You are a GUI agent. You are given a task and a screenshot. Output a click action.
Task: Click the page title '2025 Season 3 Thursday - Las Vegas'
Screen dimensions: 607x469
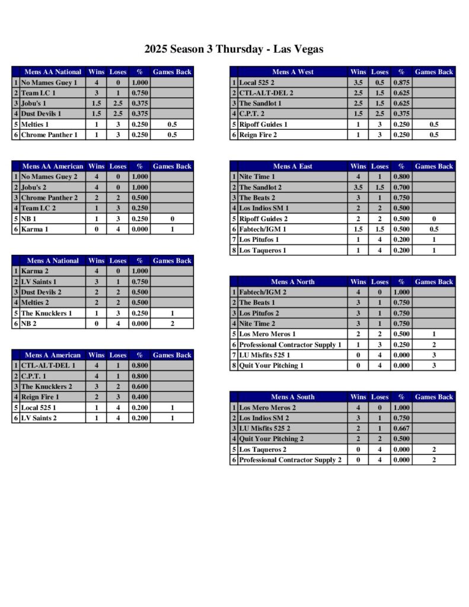(x=234, y=49)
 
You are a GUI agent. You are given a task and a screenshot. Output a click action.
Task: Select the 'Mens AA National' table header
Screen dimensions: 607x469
(x=53, y=72)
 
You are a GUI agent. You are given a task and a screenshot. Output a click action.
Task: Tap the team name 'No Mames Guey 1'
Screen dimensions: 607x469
(x=49, y=82)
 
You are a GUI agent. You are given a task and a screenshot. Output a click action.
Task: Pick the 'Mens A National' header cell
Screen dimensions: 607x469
(x=53, y=261)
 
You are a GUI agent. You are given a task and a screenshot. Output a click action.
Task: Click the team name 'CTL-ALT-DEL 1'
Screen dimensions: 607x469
(x=48, y=366)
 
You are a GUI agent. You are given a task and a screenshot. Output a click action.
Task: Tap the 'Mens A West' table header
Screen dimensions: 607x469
(x=293, y=72)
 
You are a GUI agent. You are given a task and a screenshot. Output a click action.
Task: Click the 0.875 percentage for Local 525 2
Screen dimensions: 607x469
(x=401, y=82)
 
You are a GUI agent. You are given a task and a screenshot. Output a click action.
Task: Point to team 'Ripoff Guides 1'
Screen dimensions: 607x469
(x=263, y=124)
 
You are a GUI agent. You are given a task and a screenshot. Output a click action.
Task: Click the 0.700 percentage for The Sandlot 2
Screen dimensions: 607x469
(x=401, y=187)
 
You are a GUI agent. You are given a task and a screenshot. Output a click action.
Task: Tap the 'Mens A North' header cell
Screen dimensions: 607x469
(x=293, y=282)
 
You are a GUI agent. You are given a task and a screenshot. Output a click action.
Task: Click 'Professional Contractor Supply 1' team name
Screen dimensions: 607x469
(x=290, y=344)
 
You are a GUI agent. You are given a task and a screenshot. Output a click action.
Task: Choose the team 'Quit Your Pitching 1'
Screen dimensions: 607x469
(x=271, y=366)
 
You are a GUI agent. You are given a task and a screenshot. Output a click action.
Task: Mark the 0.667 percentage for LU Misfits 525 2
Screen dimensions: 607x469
(x=401, y=428)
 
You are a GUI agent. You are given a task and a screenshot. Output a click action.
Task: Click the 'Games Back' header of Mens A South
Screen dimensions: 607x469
(x=433, y=397)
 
